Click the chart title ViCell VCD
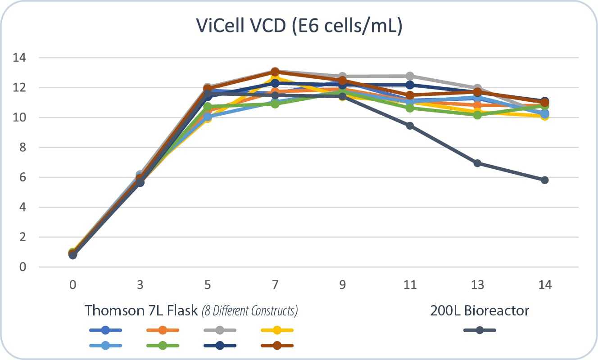[x=299, y=27]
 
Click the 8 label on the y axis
[x=23, y=148]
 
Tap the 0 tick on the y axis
[x=23, y=267]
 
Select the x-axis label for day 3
[x=140, y=285]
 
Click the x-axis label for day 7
[x=275, y=285]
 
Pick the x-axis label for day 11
[x=410, y=285]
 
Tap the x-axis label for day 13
[x=477, y=285]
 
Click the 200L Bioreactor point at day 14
[x=544, y=180]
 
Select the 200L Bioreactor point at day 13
[x=477, y=163]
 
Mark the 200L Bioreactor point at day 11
[x=410, y=126]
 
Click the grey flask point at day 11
[x=410, y=76]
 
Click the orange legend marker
[x=163, y=330]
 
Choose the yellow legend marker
[x=277, y=330]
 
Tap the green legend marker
[x=163, y=346]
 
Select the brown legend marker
[x=277, y=346]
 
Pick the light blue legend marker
[x=105, y=346]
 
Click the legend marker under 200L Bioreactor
[x=480, y=330]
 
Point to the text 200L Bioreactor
[x=480, y=310]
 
